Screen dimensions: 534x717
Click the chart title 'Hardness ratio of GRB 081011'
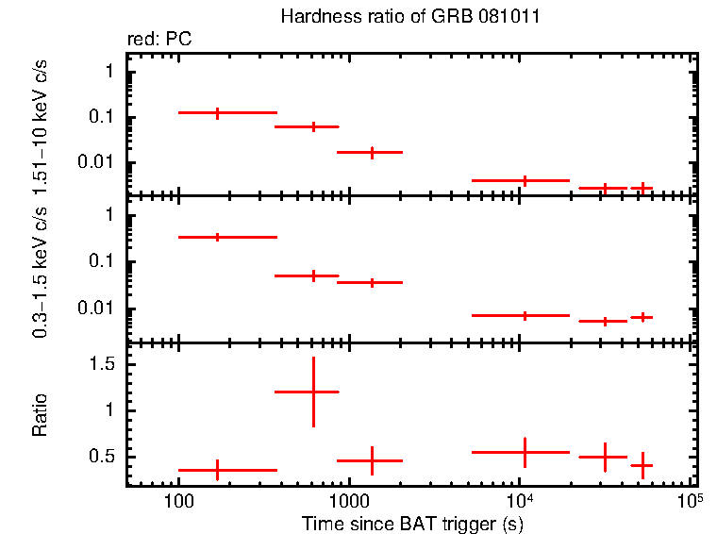410,18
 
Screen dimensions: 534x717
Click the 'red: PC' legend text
160,40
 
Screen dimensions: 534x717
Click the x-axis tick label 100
178,502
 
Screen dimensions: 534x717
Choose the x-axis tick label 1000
349,502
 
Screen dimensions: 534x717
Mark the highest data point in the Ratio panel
313,391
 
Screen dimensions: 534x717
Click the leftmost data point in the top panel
218,112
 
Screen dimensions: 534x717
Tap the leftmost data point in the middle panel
218,237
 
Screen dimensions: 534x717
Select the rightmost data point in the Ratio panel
642,465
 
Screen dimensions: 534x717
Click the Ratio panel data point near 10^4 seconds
525,452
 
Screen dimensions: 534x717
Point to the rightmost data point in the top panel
642,188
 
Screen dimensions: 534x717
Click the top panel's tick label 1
110,72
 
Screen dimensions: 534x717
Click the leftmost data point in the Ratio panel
218,469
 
